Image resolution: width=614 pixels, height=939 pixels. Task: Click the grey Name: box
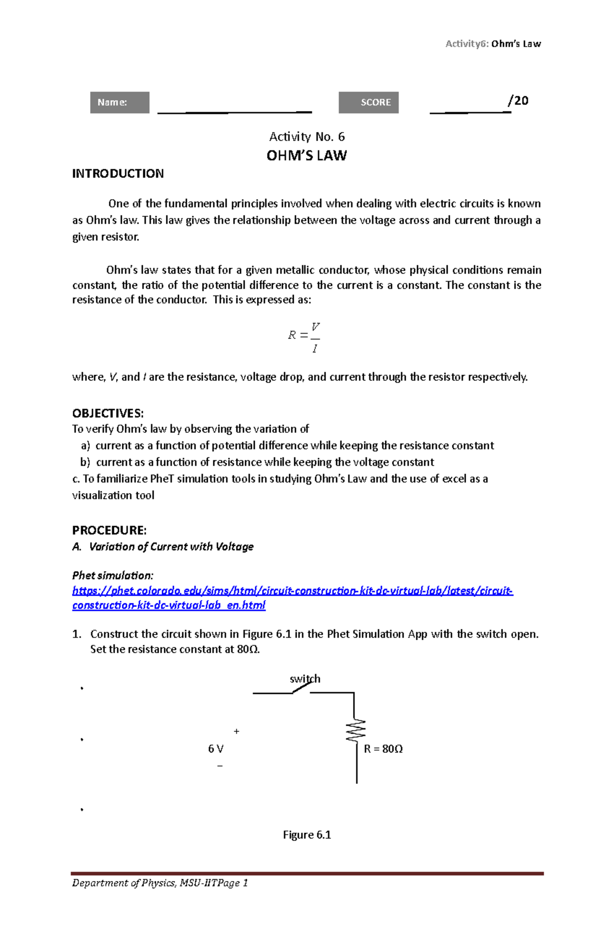119,102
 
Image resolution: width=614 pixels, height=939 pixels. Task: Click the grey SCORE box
368,102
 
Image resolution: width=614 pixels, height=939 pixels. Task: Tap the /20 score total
518,100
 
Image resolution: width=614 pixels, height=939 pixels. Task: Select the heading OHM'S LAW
306,156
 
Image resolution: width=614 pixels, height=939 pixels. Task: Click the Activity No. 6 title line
306,137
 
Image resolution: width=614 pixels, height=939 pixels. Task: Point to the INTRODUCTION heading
118,173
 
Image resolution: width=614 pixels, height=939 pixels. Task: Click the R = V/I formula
305,336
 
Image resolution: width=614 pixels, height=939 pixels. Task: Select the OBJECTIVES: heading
108,413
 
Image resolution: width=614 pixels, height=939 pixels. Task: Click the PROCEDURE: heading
109,530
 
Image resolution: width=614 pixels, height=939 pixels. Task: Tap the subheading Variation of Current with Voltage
171,547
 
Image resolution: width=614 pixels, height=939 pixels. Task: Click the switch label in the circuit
304,679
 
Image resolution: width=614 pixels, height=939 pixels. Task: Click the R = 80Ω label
383,749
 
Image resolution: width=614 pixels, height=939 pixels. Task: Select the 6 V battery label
215,749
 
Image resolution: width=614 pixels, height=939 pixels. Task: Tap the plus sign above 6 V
236,731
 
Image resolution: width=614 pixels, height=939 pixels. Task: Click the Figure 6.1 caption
306,835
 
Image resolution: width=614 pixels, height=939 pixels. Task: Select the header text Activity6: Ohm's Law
493,43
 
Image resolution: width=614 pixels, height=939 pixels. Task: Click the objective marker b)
85,462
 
